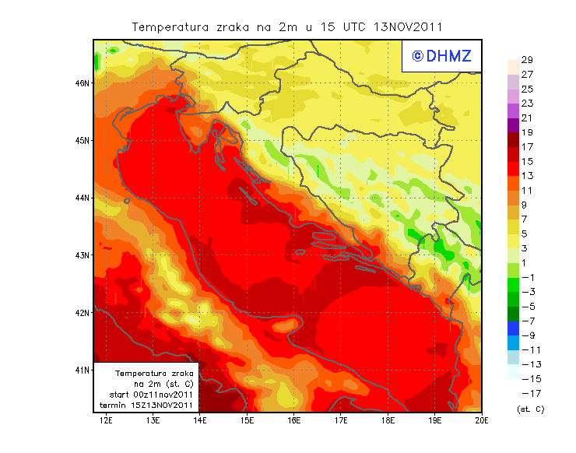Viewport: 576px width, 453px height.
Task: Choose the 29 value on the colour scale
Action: pos(526,60)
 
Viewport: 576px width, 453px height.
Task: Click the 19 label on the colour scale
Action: pos(526,132)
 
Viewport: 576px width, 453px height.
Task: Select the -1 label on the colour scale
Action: pos(527,277)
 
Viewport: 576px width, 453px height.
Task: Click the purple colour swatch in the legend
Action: pos(513,125)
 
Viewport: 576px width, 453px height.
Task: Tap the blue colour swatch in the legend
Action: pos(513,328)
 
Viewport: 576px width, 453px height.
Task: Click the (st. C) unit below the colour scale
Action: pos(530,409)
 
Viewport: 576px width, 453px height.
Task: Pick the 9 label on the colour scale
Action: pos(526,205)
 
